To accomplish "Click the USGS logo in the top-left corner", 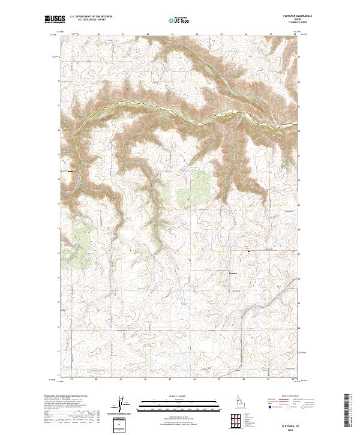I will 55,20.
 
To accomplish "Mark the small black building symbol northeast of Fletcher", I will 248,251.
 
